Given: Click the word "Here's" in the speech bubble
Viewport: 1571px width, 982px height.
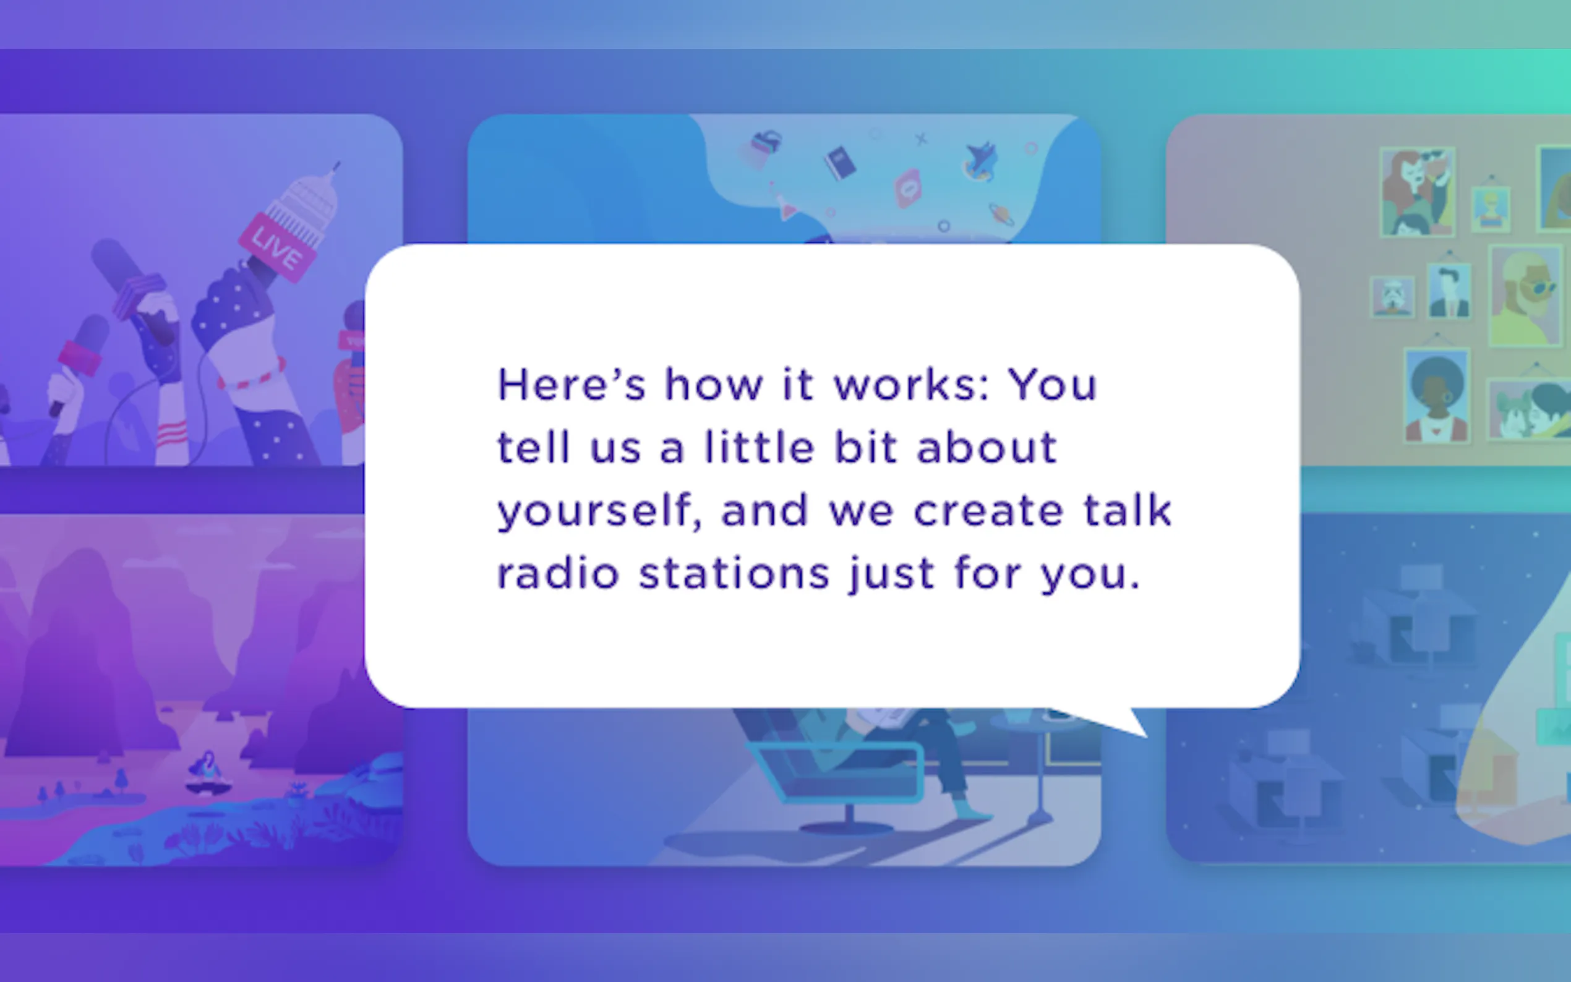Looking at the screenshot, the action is [x=571, y=385].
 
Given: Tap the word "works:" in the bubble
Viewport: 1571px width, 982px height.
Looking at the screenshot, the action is [x=911, y=385].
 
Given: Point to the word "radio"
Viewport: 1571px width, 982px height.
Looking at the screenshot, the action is [x=559, y=573].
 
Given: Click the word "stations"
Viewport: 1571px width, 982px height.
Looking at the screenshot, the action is [x=735, y=573].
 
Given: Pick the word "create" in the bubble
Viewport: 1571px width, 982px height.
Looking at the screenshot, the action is [x=988, y=511].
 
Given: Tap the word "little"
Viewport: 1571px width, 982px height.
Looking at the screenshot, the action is [x=759, y=447].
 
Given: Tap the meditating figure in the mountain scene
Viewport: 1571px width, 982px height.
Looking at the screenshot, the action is [x=208, y=772].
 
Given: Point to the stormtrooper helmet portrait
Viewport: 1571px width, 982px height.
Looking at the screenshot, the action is [x=1392, y=297].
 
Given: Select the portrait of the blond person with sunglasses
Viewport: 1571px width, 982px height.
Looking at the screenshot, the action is [x=1525, y=296].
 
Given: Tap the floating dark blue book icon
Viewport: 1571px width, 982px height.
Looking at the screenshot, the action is [x=840, y=163].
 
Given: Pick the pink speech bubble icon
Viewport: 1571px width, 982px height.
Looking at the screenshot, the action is [x=907, y=189].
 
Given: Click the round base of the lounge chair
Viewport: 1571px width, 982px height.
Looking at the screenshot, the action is [x=847, y=828].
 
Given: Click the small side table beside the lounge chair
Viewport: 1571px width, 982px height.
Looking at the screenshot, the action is [x=1040, y=766].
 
